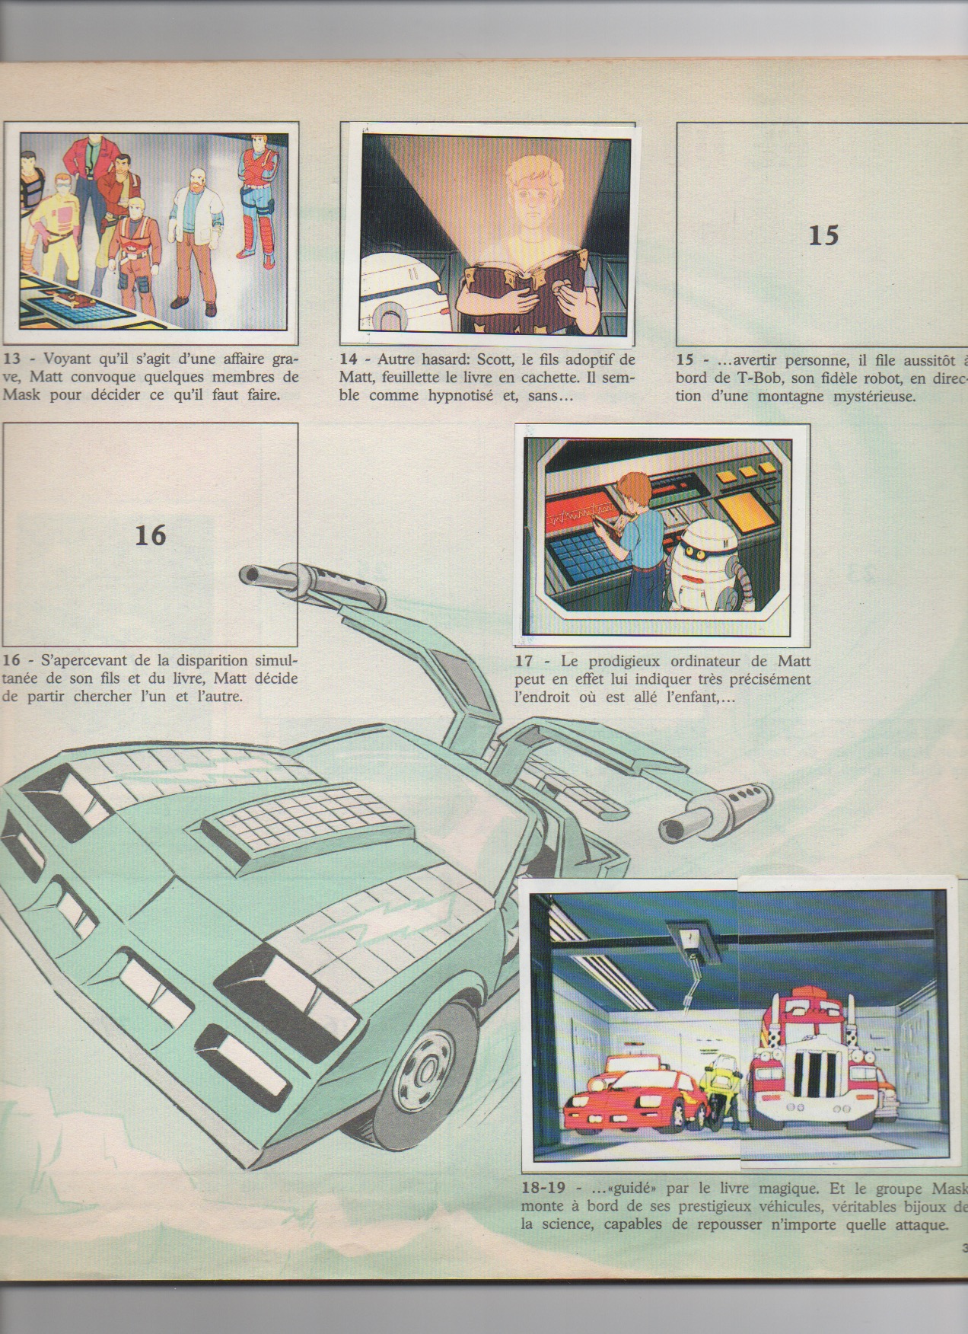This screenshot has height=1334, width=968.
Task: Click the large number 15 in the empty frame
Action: pos(823,235)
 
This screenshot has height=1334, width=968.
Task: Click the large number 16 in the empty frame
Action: pos(150,535)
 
